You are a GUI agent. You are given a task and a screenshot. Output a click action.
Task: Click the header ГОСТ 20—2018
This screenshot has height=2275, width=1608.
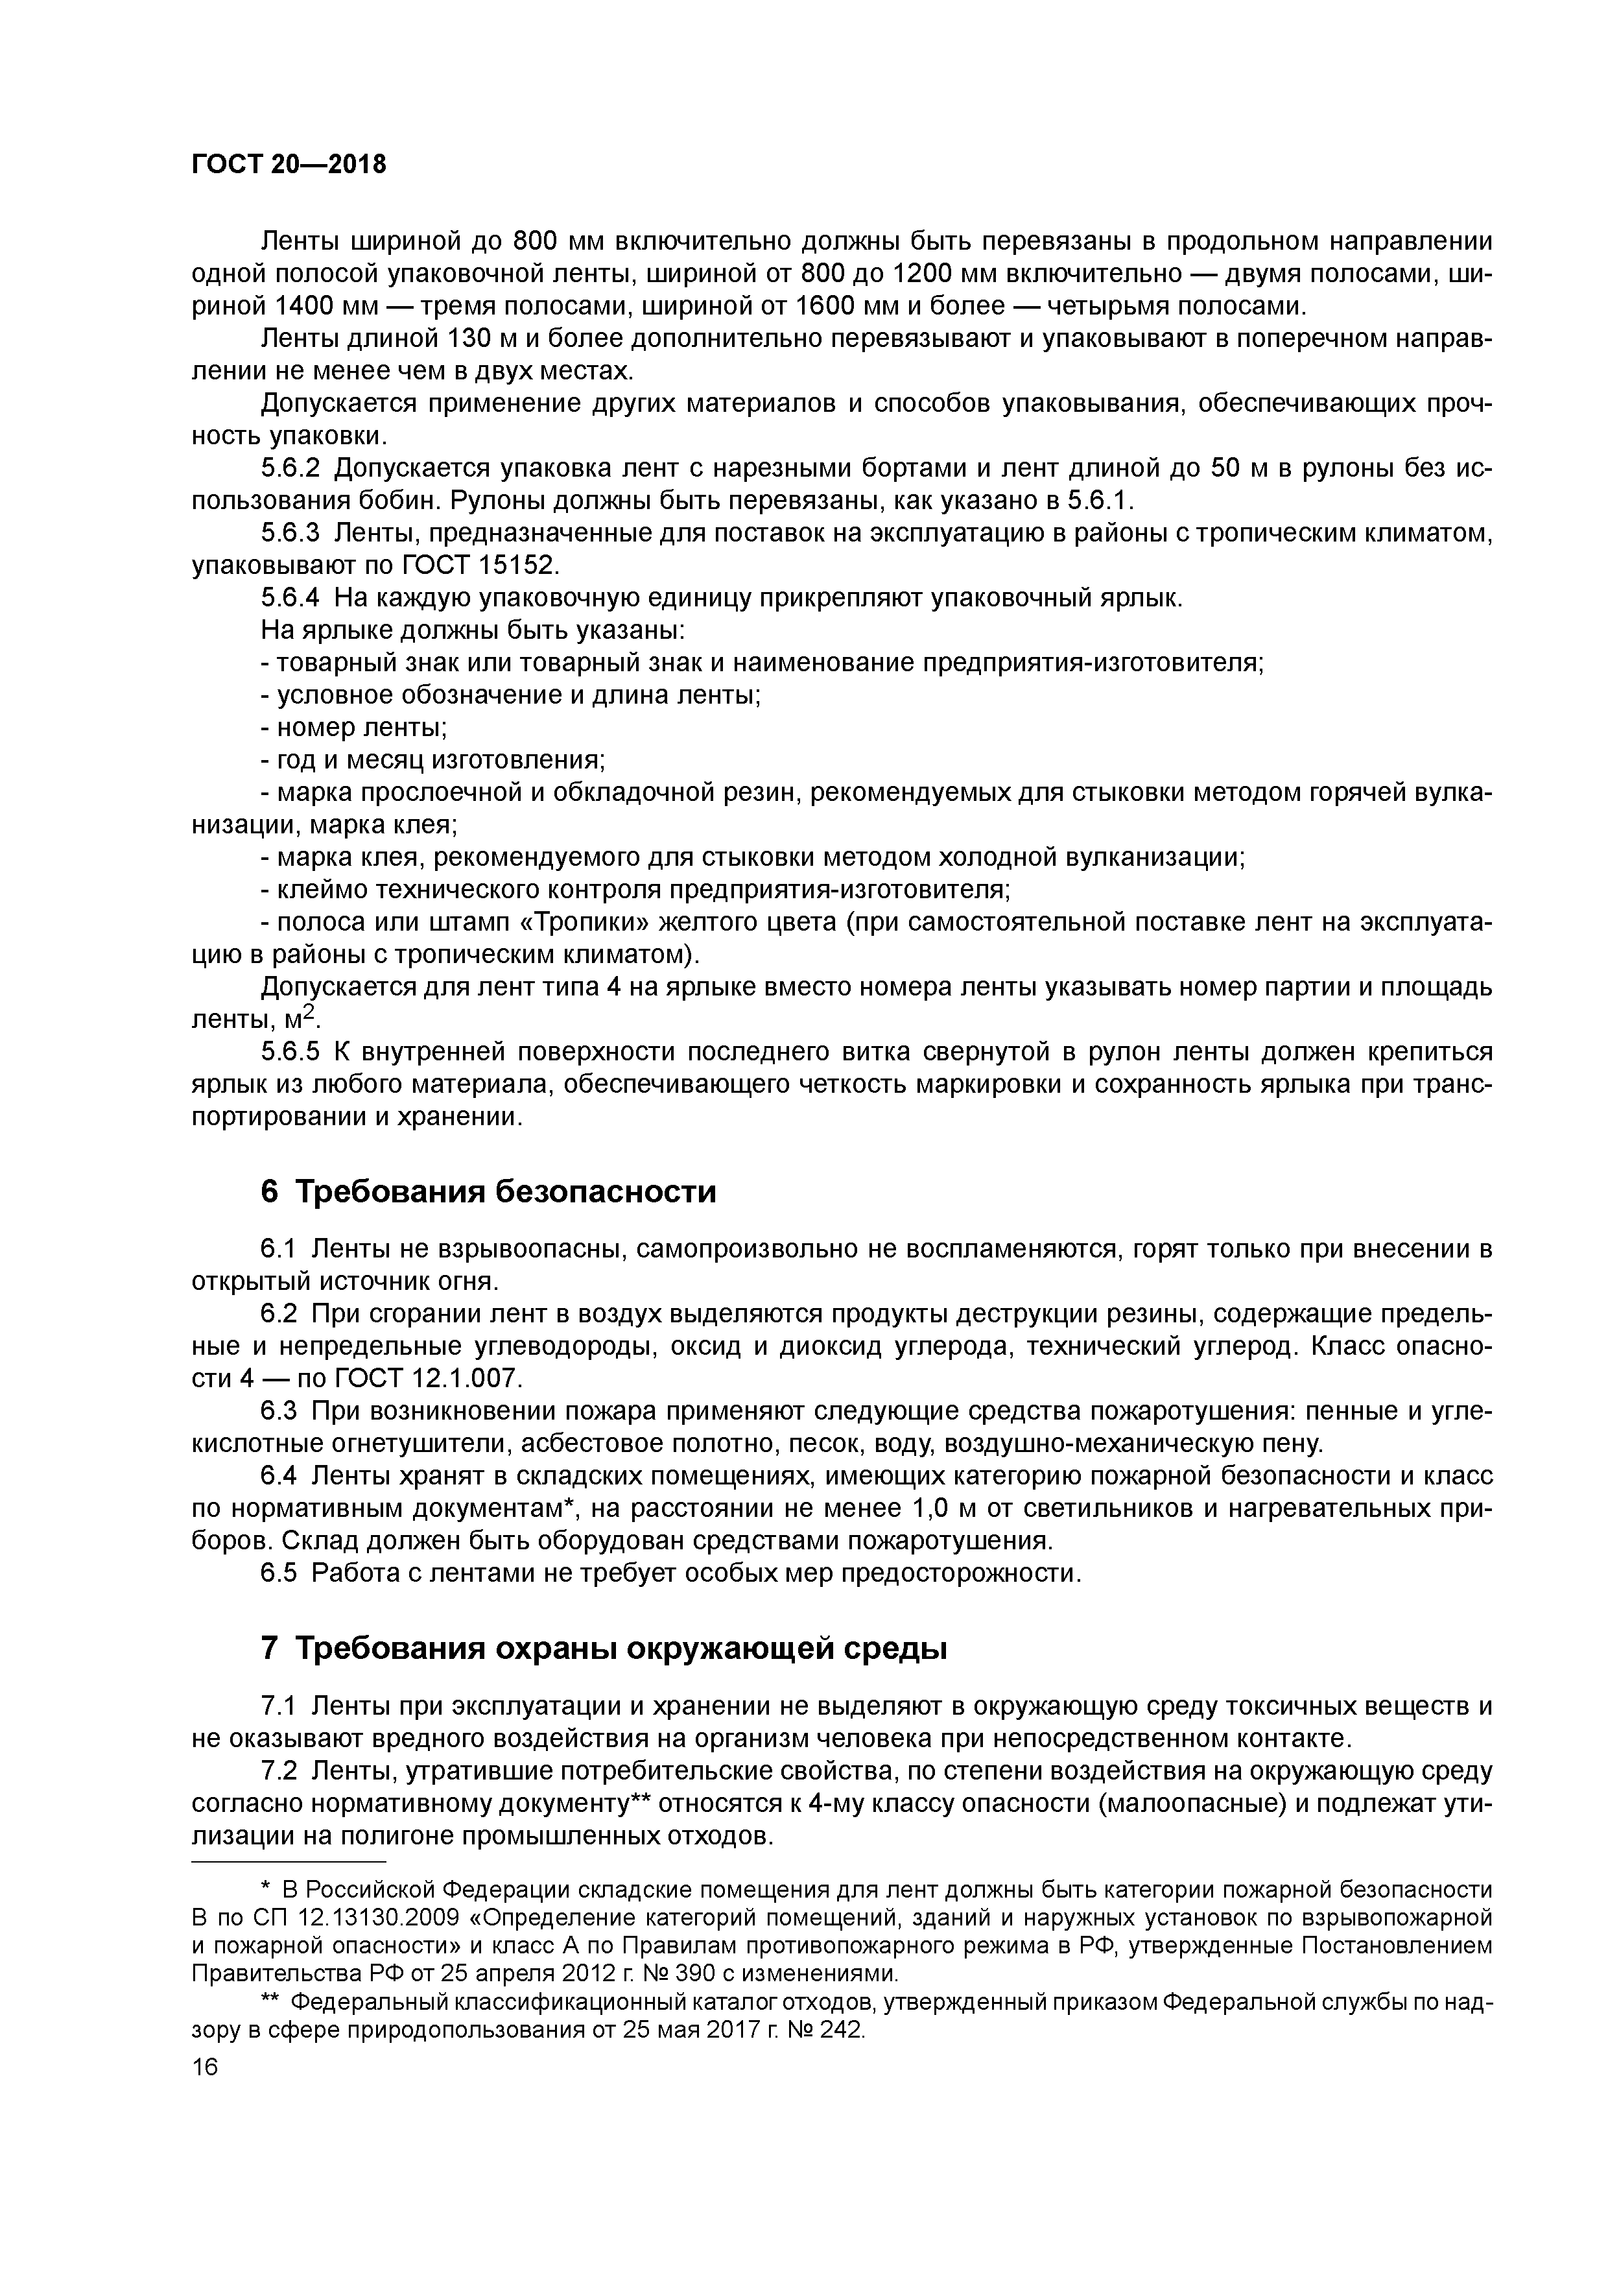point(289,165)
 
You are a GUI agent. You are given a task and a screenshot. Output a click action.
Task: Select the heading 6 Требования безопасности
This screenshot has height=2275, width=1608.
point(488,1191)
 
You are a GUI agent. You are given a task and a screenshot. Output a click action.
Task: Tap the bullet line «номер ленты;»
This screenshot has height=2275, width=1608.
point(354,728)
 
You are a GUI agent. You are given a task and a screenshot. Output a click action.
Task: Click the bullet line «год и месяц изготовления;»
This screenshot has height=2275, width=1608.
point(433,761)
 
